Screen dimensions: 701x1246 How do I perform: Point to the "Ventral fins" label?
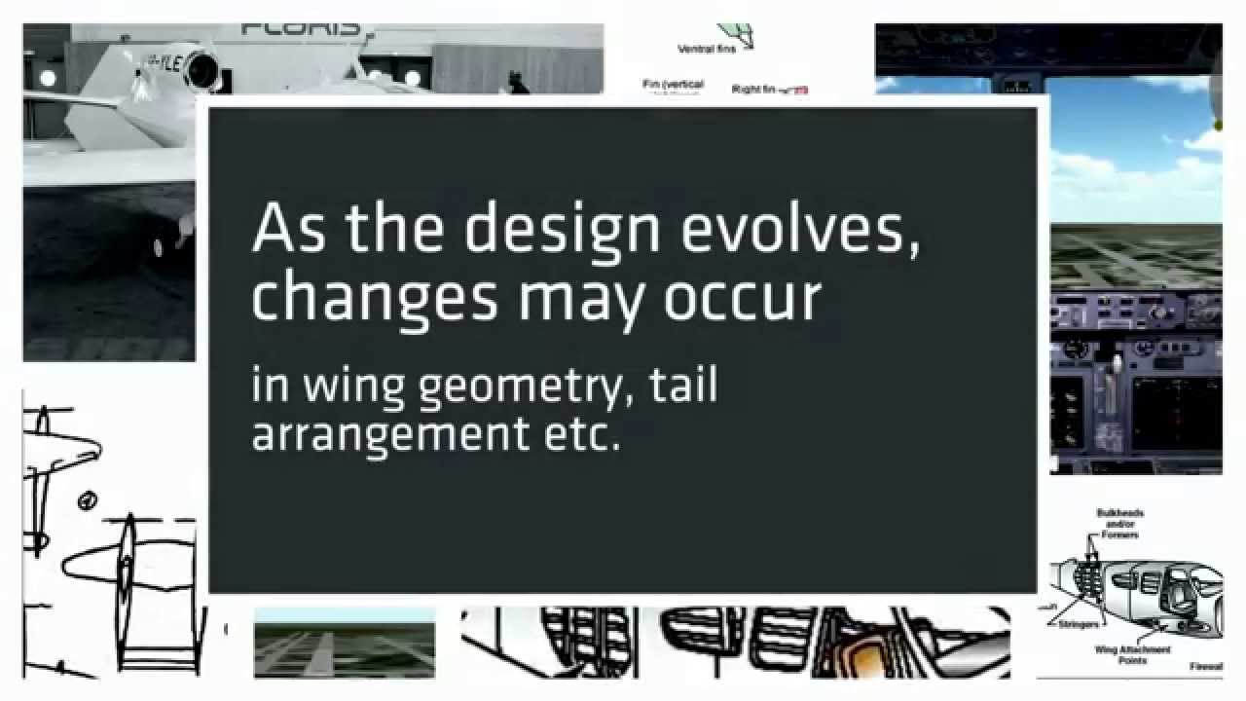tap(707, 49)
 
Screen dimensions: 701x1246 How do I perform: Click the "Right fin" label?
tap(754, 90)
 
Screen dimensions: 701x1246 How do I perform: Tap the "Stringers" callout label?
tap(1081, 624)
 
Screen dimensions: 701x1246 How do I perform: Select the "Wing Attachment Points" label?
tap(1132, 654)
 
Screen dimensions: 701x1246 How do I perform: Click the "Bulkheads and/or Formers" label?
tap(1119, 524)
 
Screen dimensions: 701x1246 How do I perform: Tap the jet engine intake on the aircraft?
tap(203, 70)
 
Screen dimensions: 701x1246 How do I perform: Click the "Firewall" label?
tap(1205, 667)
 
